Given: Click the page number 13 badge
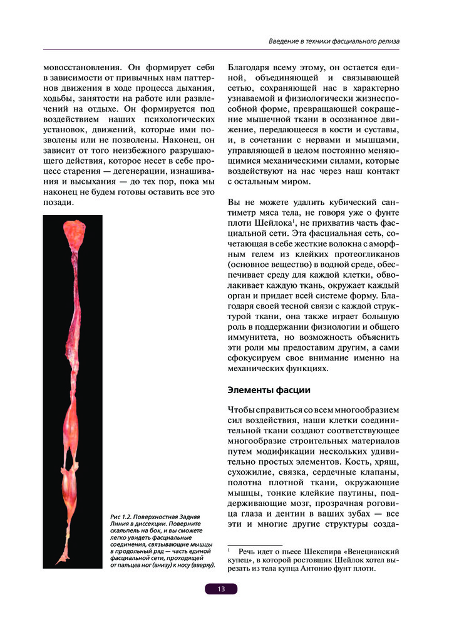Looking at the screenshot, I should click(221, 589).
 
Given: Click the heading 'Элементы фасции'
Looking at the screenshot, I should click(269, 390).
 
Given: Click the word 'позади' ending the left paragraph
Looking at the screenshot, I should click(59, 203).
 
